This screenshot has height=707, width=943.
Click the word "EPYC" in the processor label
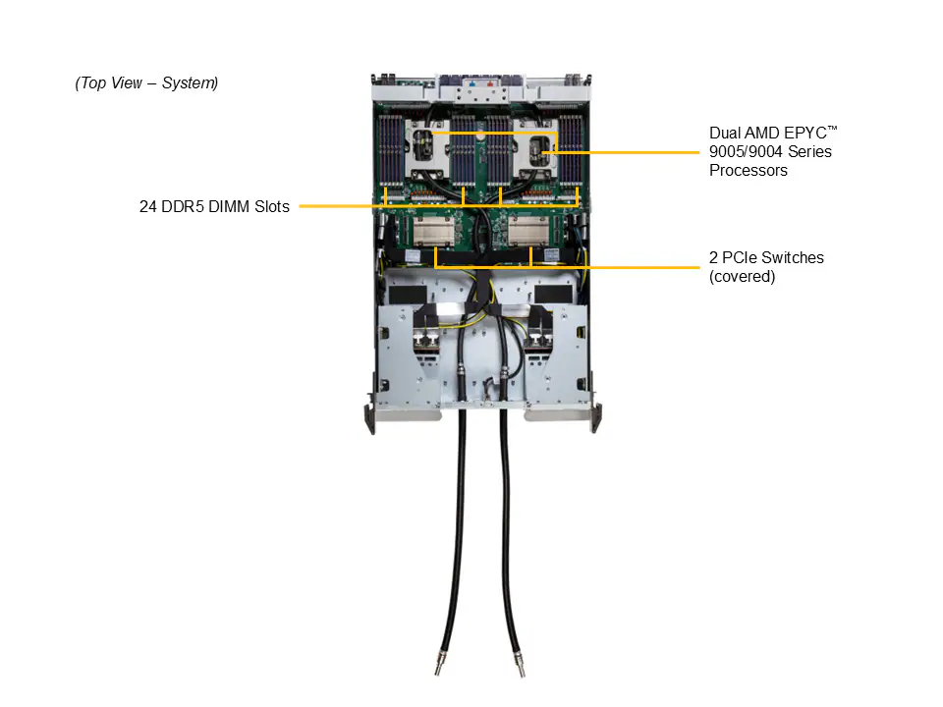(x=804, y=133)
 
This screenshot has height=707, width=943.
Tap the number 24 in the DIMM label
(x=148, y=207)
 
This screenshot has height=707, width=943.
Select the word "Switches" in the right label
(x=795, y=257)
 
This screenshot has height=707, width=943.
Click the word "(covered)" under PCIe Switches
(x=743, y=277)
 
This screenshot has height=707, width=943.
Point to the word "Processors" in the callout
(x=749, y=170)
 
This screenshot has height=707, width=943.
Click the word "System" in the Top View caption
(x=190, y=82)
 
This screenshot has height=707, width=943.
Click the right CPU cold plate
(x=533, y=148)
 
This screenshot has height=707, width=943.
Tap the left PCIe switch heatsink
(x=433, y=231)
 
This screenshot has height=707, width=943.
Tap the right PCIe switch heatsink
(x=528, y=231)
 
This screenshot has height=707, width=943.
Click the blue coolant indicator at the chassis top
(x=472, y=84)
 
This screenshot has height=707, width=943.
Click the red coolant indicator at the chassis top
(x=491, y=84)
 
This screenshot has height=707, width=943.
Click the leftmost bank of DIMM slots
(x=390, y=149)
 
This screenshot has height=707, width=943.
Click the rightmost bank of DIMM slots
(x=571, y=149)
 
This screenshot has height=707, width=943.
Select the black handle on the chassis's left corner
(x=370, y=418)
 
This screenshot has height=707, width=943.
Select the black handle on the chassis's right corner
(x=596, y=418)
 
